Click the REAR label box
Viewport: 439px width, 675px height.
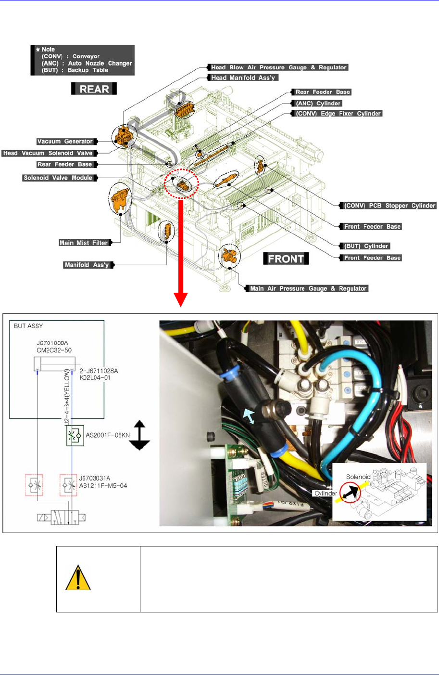tap(94, 89)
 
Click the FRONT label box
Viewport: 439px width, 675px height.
tap(286, 259)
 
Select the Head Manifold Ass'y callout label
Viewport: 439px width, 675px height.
tap(243, 78)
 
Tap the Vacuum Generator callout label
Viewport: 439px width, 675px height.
tap(65, 142)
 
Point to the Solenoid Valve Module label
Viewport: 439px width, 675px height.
tap(58, 178)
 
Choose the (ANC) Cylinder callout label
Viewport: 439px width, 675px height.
tap(318, 104)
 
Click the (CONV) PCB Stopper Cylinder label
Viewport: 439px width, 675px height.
tap(389, 206)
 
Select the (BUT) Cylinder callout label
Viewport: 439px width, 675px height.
tap(366, 246)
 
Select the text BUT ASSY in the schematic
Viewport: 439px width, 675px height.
tap(28, 326)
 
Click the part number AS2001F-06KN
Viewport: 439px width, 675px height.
tap(108, 435)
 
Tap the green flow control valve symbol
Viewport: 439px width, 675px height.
tap(75, 435)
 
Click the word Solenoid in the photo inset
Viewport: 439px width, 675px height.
tap(358, 477)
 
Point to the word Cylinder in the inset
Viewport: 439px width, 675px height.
tap(326, 493)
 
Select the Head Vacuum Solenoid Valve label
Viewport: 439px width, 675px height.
tap(48, 153)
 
